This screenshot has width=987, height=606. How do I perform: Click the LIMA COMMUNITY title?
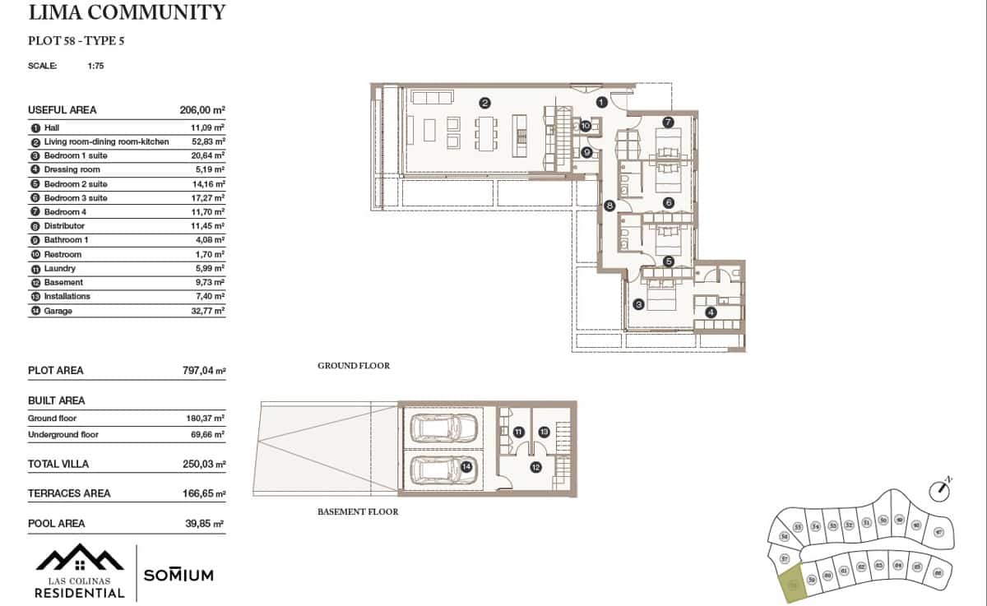[x=127, y=12]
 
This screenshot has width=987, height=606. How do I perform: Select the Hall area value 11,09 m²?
[x=207, y=127]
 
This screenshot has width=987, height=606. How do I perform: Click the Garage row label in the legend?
[x=58, y=311]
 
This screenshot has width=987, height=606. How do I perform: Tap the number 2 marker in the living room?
[x=485, y=103]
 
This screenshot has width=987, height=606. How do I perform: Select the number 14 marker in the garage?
[x=466, y=466]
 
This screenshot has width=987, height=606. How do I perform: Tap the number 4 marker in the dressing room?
[x=711, y=312]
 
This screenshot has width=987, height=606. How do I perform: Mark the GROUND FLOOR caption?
[x=354, y=366]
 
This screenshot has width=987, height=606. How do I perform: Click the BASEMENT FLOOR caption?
[x=358, y=511]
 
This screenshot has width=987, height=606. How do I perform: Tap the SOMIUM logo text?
[x=178, y=575]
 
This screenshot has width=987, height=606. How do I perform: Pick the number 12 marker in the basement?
[x=535, y=466]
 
